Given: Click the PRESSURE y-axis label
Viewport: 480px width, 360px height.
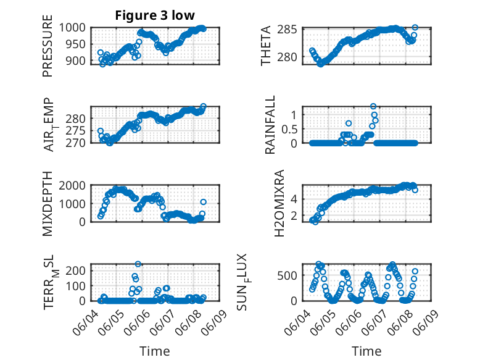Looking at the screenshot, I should (48, 50).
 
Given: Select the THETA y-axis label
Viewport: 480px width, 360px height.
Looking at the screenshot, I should (266, 46).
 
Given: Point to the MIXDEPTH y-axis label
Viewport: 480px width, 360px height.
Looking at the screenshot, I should (48, 204).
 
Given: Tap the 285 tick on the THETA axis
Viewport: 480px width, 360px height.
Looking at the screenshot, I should (292, 30).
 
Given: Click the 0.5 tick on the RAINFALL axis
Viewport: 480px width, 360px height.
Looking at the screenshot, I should (290, 128).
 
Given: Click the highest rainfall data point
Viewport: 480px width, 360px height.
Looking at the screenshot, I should (373, 106).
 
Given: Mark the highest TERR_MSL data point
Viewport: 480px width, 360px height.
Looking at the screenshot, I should (138, 264).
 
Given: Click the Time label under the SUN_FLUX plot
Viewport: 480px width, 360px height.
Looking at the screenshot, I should (366, 351).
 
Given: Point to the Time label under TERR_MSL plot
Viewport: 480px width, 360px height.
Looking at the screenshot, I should (154, 351).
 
